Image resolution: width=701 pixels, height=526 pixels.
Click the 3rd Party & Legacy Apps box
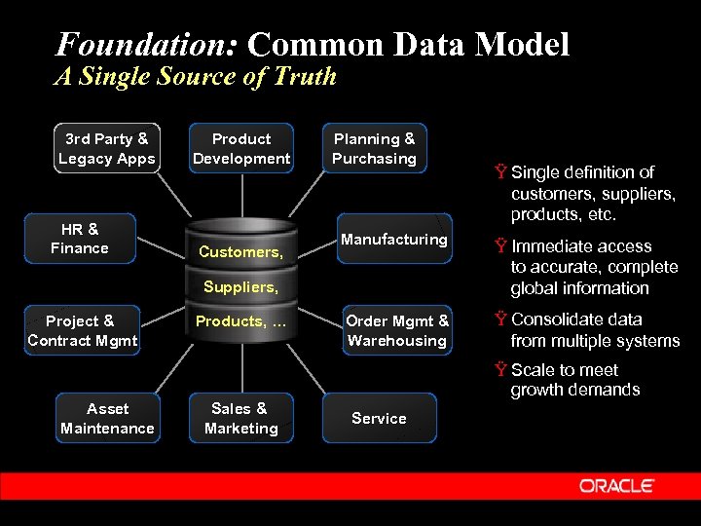point(107,149)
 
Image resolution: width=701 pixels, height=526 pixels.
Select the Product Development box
point(241,149)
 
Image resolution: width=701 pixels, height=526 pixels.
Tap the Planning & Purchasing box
point(374,149)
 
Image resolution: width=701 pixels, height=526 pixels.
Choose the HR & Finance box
point(80,239)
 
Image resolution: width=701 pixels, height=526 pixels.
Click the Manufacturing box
point(393,240)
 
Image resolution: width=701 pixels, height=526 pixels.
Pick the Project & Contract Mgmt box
point(83,330)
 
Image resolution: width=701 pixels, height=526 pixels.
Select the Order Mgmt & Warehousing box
point(397,330)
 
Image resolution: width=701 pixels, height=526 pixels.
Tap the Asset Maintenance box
point(107,418)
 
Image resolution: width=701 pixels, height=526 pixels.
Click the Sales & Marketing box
point(241,418)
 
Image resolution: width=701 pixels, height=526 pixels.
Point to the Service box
point(379,418)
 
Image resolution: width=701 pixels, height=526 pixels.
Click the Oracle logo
point(617,486)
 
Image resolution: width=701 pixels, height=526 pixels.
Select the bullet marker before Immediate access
point(500,247)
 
